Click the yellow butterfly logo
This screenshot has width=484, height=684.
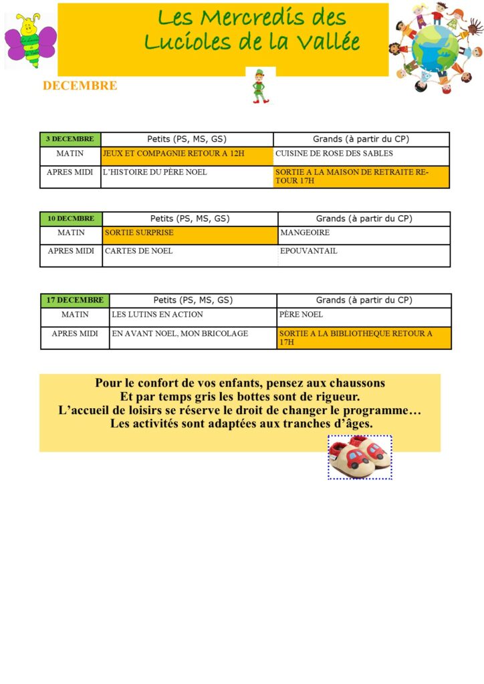[30, 41]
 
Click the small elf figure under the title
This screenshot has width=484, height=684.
[260, 86]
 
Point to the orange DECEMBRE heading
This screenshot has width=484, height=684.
[80, 85]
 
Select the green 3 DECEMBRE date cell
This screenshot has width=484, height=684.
[70, 139]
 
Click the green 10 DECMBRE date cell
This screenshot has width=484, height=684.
[71, 218]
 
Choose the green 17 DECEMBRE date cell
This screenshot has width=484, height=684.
[75, 300]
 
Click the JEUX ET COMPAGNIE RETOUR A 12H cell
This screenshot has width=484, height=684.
[187, 156]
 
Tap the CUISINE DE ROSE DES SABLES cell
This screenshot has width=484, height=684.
[361, 156]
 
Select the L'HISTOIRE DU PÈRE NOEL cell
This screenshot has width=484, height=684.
[187, 176]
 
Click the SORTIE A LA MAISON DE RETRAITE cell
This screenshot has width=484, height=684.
[361, 176]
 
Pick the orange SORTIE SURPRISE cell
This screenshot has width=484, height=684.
[190, 235]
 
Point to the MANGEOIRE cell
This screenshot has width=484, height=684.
[364, 235]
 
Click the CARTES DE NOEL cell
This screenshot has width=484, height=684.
[190, 254]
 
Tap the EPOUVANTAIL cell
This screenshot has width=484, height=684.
[364, 254]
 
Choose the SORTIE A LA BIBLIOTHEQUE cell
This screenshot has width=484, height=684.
[364, 337]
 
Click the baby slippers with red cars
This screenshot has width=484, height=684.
[360, 457]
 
